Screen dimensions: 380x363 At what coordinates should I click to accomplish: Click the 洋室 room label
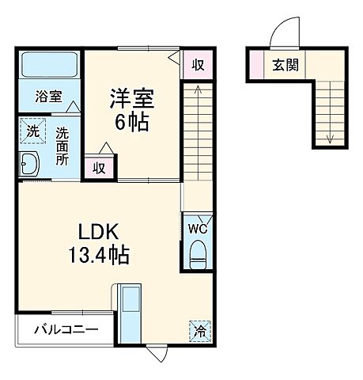click(131, 101)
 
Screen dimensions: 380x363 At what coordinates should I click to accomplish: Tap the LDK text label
click(97, 232)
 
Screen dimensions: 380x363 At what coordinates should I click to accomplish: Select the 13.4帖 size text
click(97, 256)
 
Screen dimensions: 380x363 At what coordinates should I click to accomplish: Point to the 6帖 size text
click(131, 123)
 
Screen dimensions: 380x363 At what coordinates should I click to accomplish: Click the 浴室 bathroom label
click(48, 97)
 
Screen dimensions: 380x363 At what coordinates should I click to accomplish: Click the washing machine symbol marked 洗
click(33, 131)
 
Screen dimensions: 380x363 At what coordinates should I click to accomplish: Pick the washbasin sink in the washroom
click(32, 164)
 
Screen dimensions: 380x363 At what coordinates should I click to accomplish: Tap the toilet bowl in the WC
click(198, 253)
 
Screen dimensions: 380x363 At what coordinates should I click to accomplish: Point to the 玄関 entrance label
click(285, 66)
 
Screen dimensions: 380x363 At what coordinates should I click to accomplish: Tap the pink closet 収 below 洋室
click(100, 167)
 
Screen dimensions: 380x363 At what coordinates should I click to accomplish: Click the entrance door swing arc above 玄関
click(282, 33)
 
